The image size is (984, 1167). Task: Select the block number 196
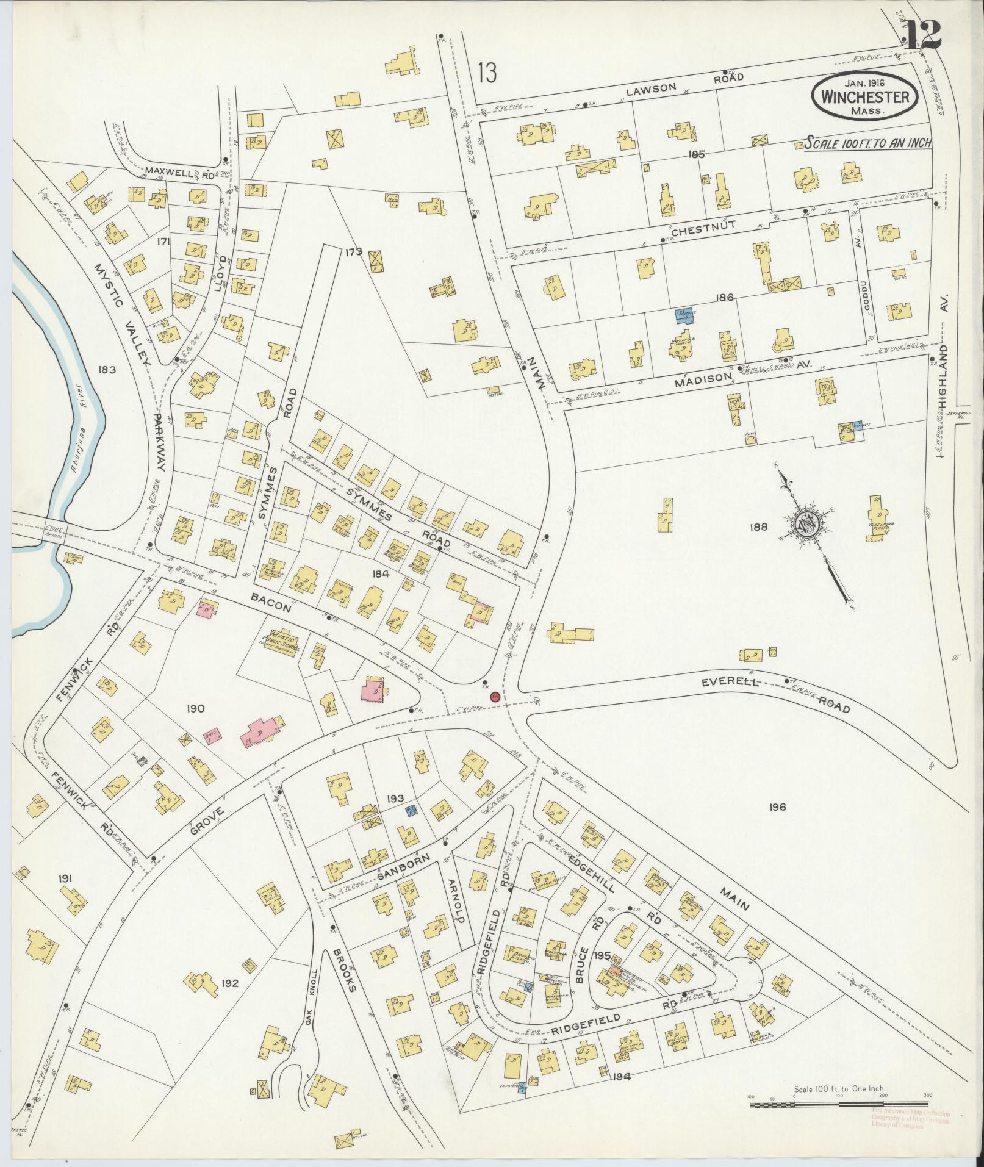click(x=777, y=807)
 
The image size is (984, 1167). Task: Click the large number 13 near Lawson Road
click(x=487, y=73)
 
